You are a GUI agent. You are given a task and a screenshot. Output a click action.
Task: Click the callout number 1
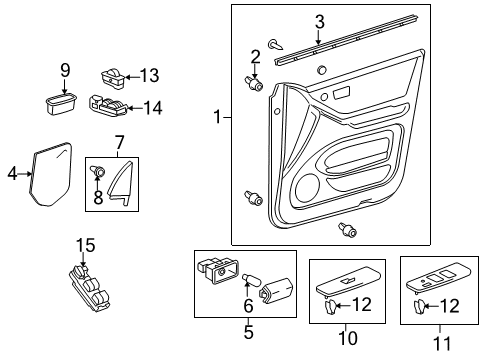click(216, 118)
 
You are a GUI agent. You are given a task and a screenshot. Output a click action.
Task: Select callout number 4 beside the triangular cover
click(12, 174)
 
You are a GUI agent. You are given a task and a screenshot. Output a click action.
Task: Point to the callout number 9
click(65, 69)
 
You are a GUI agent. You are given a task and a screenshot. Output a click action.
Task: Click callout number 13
click(150, 76)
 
